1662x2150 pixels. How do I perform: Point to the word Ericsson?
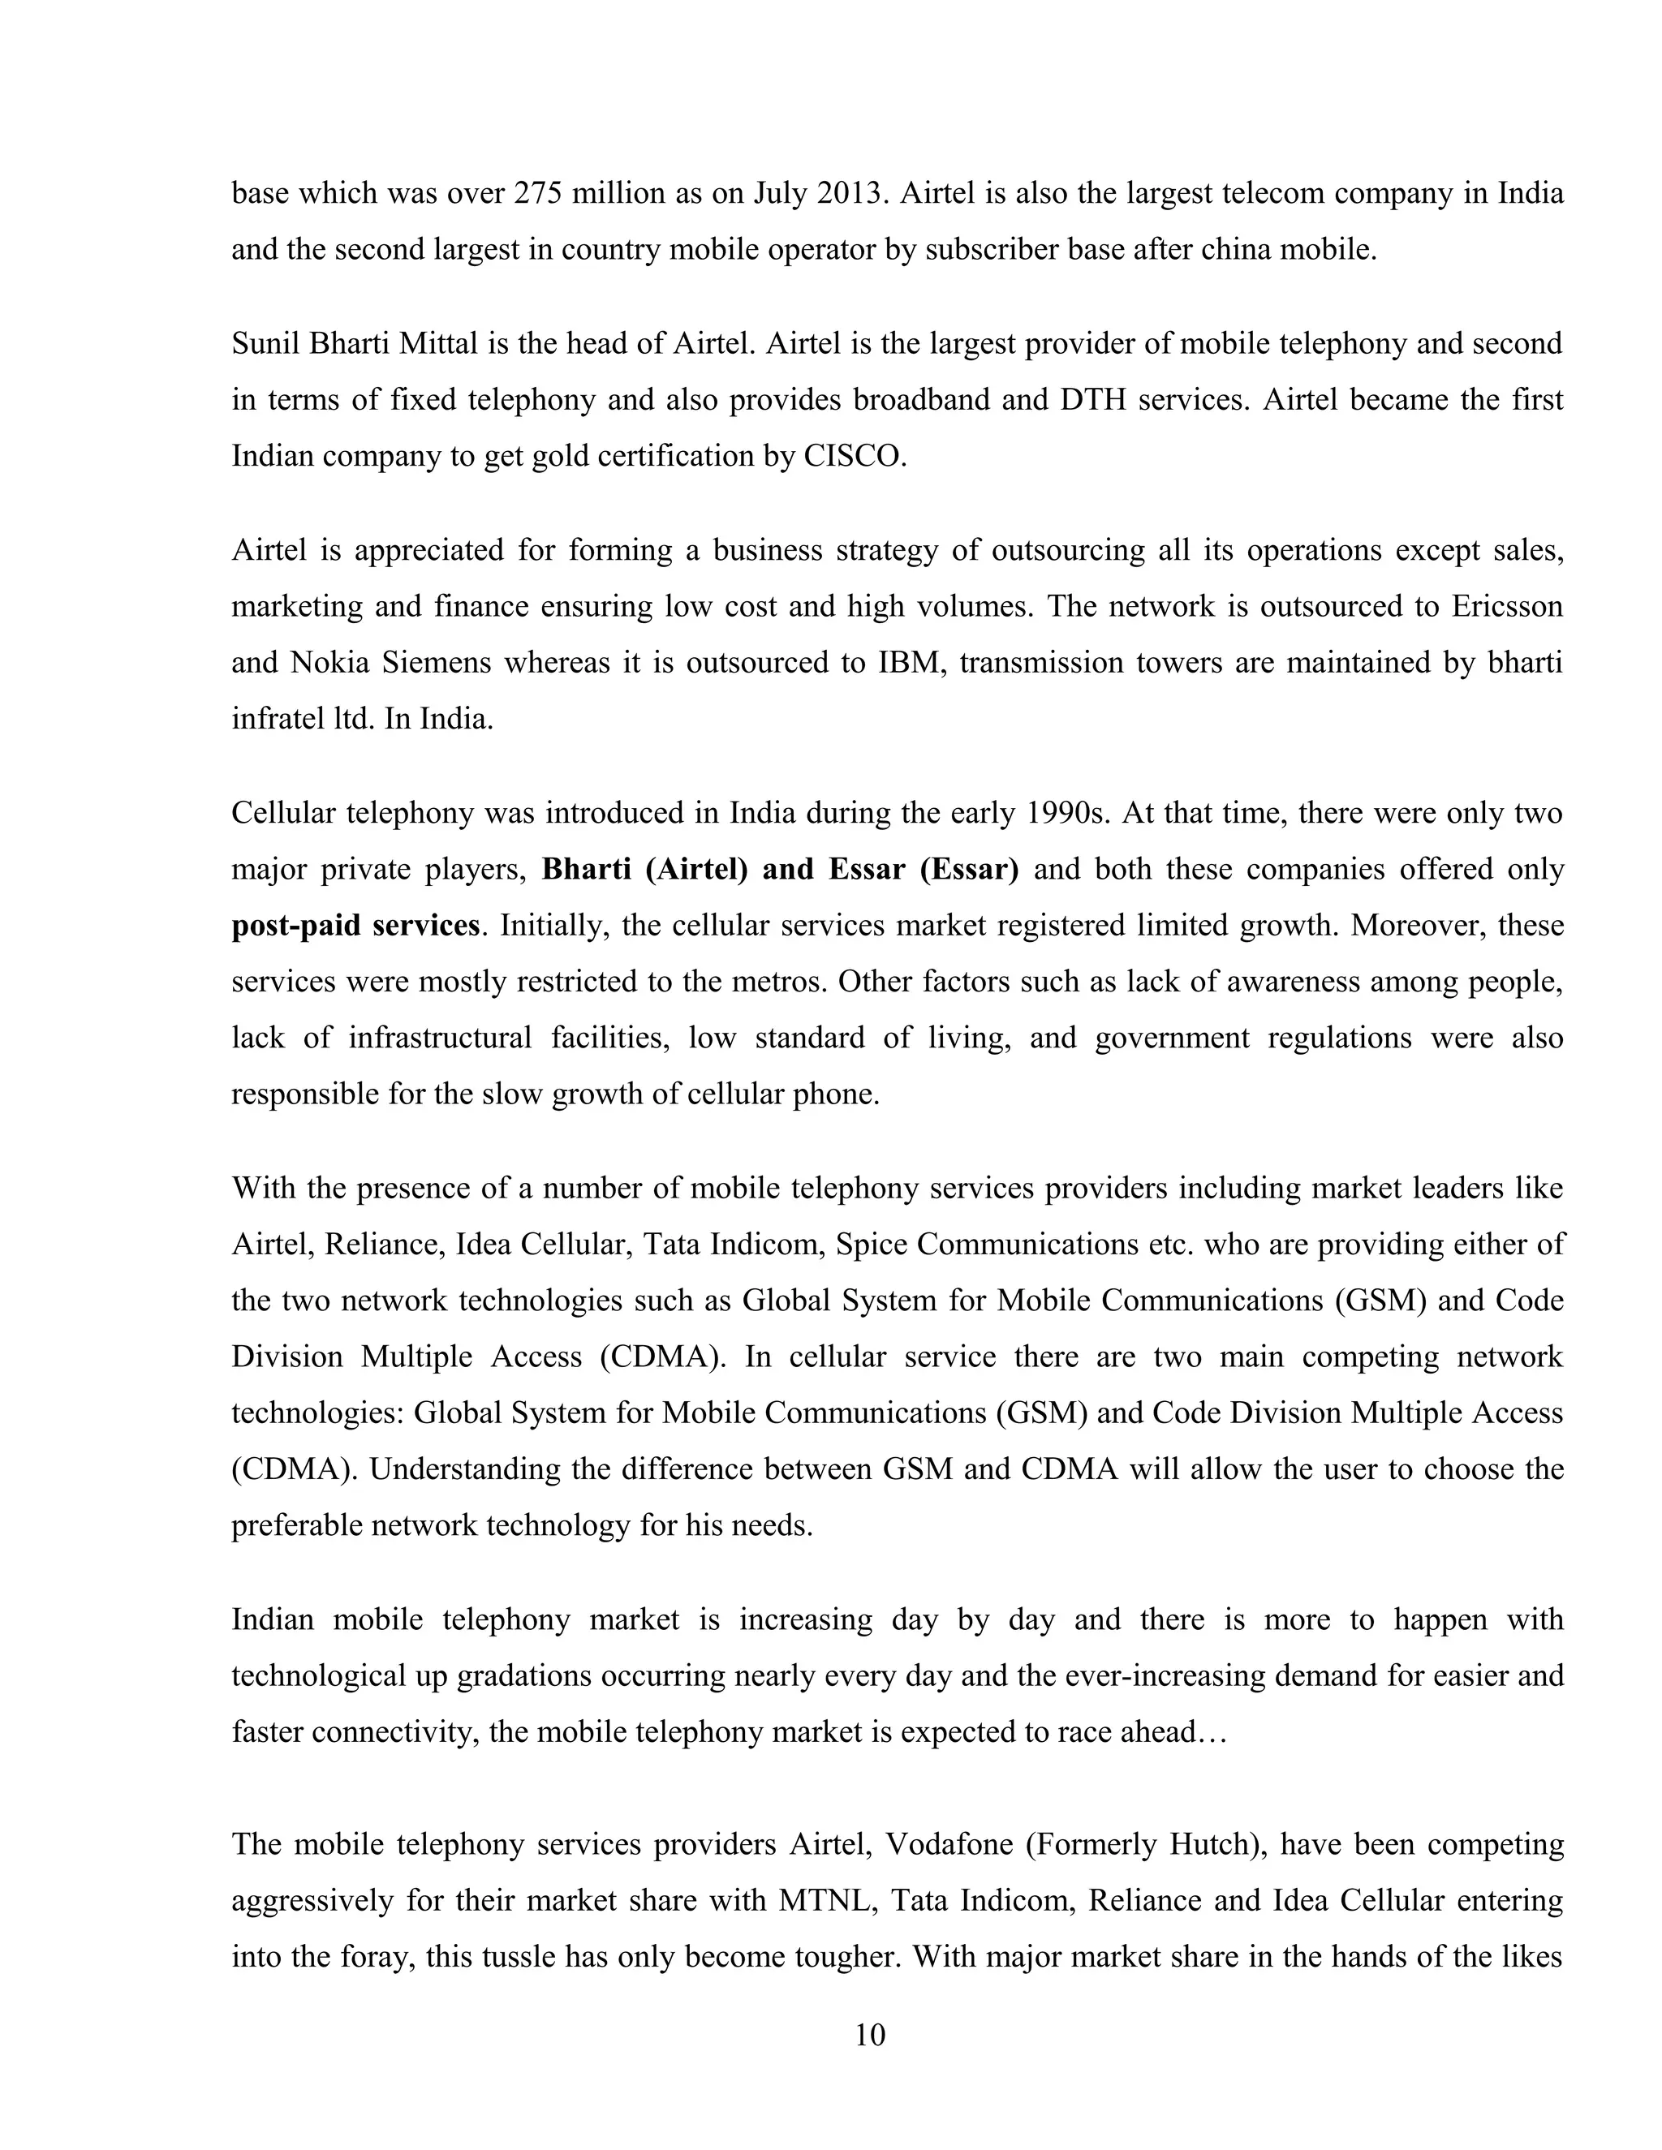1506,605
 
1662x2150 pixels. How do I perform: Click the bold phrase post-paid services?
355,927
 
